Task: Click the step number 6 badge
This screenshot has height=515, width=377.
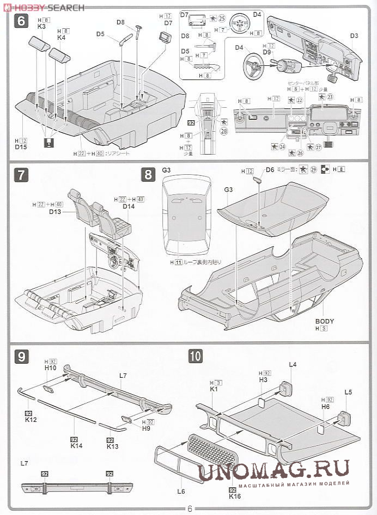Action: (x=22, y=22)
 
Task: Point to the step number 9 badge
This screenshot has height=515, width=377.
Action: (x=21, y=356)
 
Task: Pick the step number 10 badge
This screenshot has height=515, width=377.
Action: (x=196, y=356)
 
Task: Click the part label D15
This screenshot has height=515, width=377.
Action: (x=21, y=147)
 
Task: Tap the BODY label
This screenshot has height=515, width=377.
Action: (x=325, y=321)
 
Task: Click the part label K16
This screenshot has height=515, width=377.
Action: (x=235, y=496)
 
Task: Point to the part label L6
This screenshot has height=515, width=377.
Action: (x=181, y=491)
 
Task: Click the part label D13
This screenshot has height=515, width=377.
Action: (x=55, y=211)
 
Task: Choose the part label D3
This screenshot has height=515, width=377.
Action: (x=354, y=36)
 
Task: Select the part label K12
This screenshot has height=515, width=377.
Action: (x=31, y=420)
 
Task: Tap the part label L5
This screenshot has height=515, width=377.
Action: (x=348, y=392)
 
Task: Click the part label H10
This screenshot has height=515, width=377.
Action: (x=51, y=368)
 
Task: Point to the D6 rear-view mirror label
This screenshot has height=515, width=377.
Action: (x=270, y=170)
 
